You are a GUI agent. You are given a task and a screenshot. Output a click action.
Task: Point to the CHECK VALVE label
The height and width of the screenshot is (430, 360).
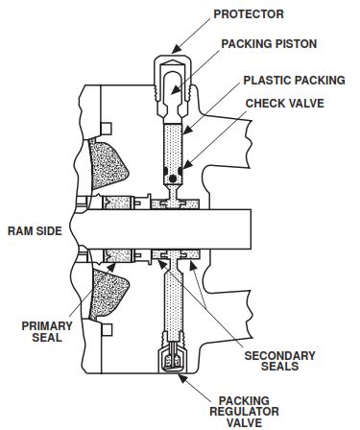click(x=281, y=104)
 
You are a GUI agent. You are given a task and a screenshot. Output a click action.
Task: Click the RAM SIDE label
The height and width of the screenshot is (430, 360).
click(x=35, y=230)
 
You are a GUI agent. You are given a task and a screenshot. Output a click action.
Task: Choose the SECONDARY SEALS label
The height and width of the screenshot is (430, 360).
click(x=278, y=358)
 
